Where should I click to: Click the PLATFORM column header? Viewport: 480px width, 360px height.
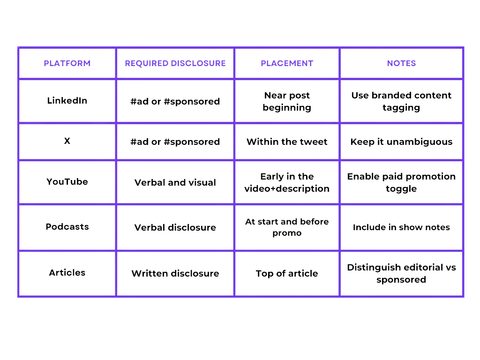tap(67, 63)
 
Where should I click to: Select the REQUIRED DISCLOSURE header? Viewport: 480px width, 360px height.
tap(175, 63)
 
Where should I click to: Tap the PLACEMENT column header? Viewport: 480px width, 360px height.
tap(287, 63)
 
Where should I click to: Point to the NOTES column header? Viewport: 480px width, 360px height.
tap(401, 63)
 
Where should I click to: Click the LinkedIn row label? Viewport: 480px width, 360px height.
tap(67, 100)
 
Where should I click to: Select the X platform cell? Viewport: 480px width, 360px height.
tap(67, 141)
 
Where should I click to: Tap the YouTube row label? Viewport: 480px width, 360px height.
tap(67, 181)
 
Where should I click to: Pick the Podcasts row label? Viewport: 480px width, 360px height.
tap(67, 226)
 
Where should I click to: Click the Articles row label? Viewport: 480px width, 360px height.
tap(67, 272)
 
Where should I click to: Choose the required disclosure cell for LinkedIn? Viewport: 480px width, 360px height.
tap(175, 101)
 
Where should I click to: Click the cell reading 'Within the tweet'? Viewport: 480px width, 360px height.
tap(287, 142)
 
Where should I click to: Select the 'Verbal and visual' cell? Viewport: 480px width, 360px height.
tap(175, 182)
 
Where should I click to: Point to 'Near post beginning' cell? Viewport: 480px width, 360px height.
tap(287, 101)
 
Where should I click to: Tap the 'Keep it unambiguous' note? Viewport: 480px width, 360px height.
tap(401, 142)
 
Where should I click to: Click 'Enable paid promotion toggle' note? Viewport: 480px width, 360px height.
tap(401, 182)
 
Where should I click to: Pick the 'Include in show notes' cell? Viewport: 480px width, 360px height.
tap(401, 227)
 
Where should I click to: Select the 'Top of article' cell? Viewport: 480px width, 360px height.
tap(287, 273)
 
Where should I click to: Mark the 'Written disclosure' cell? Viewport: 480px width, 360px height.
tap(175, 273)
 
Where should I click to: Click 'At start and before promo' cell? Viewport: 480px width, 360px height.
tap(287, 227)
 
